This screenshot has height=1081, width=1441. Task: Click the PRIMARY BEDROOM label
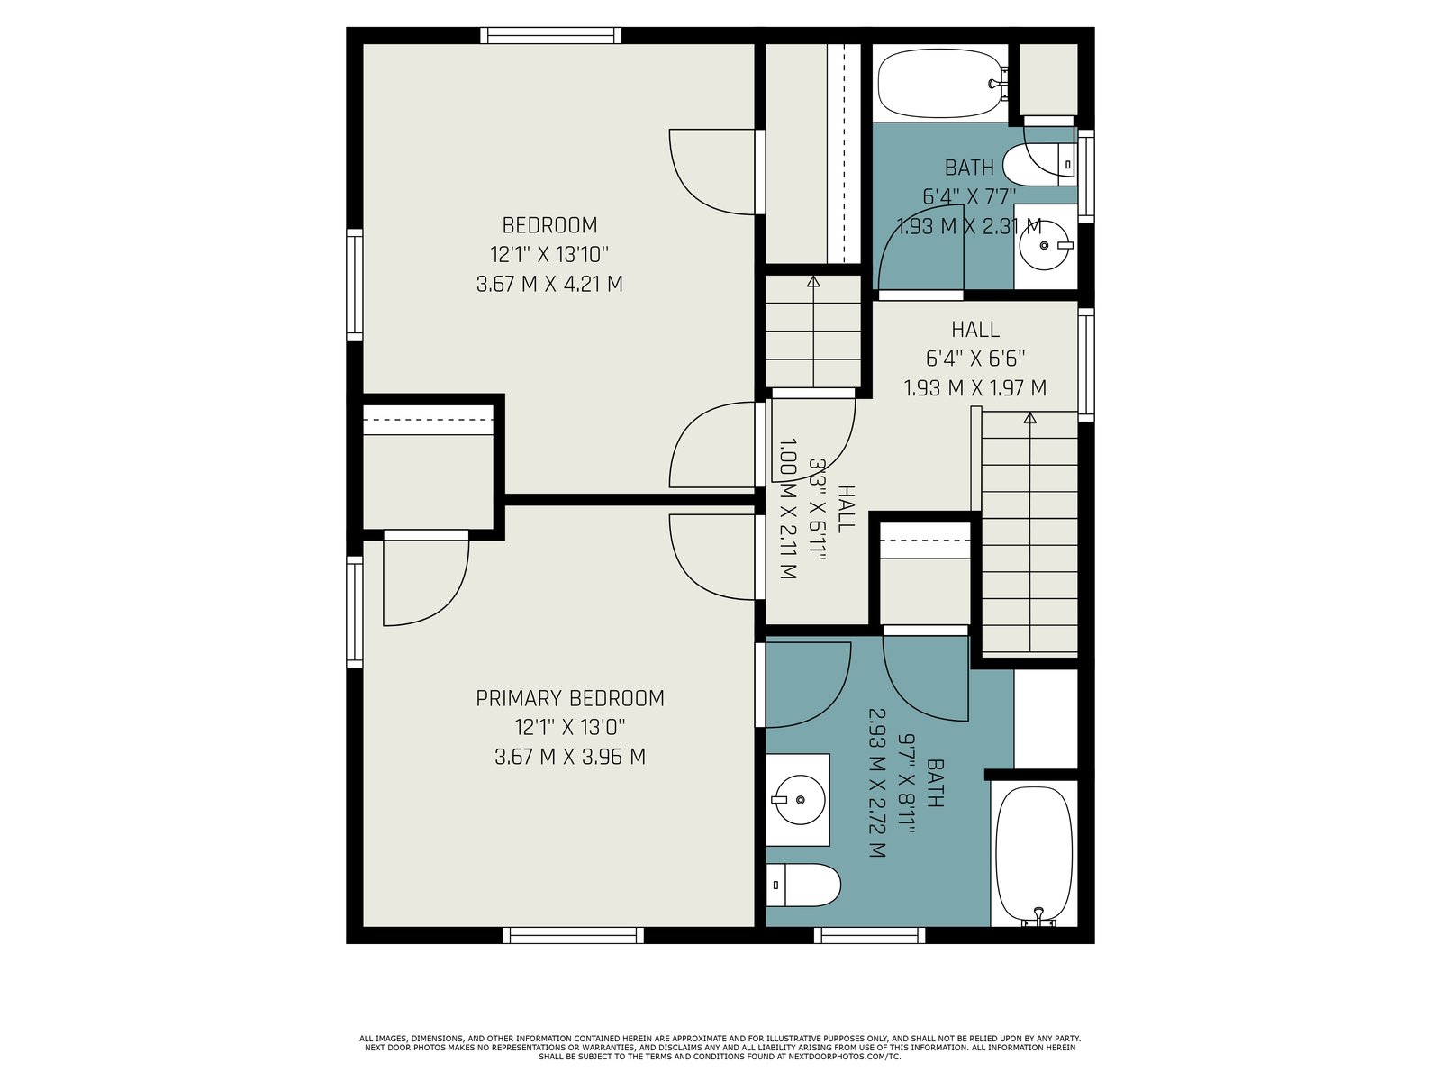point(570,698)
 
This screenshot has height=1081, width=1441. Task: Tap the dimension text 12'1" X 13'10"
point(549,254)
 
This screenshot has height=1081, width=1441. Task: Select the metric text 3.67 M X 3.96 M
point(570,757)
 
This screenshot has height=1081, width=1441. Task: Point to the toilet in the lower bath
point(802,885)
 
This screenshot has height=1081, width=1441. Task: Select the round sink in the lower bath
point(800,800)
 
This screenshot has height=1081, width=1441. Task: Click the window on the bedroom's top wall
point(550,35)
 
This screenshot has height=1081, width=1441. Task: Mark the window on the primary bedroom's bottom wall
point(573,935)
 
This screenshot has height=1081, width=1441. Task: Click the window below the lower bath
point(870,935)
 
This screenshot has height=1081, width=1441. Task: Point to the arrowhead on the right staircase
point(1030,417)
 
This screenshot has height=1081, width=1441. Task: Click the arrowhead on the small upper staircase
point(813,282)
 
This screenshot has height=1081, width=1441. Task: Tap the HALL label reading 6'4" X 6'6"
point(975,359)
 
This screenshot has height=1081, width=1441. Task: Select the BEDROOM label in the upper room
point(550,225)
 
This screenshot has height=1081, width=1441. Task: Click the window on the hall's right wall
point(1086,365)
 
